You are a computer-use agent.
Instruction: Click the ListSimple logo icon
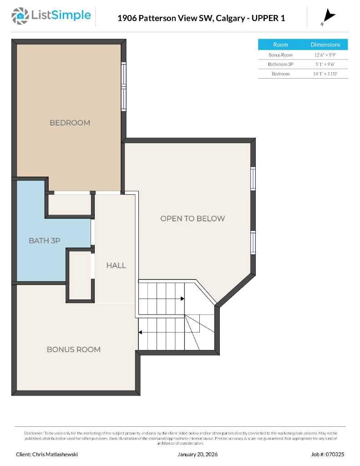pos(20,16)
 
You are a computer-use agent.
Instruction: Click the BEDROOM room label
pos(70,122)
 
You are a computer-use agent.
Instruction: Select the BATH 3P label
pos(45,240)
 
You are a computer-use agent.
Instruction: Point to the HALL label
pos(116,265)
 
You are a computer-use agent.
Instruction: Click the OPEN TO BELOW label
pos(192,218)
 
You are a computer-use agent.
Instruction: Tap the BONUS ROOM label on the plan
pos(73,349)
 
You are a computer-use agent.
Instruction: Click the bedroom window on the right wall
pos(123,86)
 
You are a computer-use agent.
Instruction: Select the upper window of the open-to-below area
pos(253,178)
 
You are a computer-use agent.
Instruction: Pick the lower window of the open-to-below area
pos(253,243)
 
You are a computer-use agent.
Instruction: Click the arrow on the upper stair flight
pos(182,299)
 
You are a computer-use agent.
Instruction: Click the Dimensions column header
pos(325,45)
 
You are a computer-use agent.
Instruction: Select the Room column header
pos(280,45)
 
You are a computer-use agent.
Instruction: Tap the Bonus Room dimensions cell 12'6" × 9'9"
pos(325,55)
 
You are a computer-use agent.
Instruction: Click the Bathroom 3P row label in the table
pos(280,64)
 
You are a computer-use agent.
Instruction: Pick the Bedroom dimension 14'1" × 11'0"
pos(325,74)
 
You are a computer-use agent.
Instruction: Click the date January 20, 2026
pos(197,454)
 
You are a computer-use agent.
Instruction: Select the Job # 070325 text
pos(328,454)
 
